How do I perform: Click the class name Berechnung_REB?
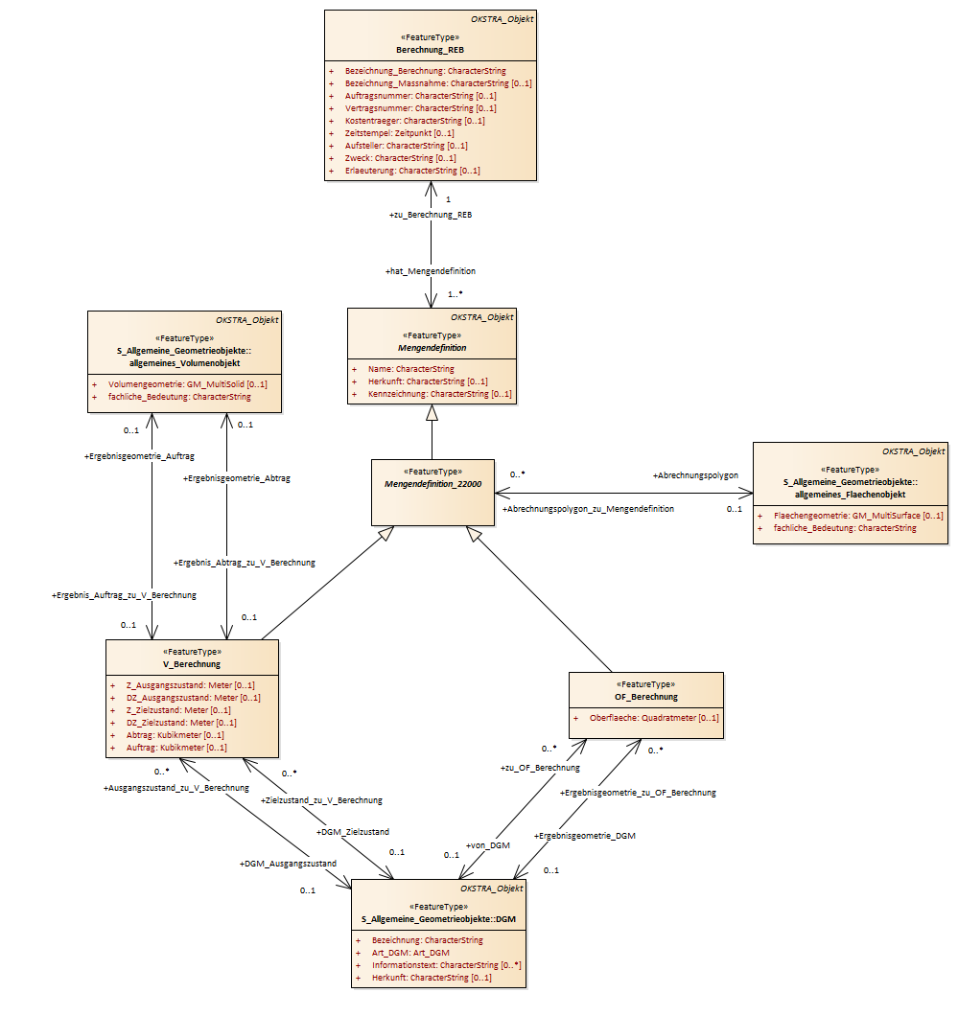(x=430, y=50)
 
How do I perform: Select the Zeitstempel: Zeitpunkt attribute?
(x=399, y=133)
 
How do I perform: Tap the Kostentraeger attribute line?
(x=415, y=121)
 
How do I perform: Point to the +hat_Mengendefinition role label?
(x=431, y=271)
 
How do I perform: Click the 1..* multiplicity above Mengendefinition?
(x=455, y=294)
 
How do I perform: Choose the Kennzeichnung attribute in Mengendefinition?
(x=439, y=394)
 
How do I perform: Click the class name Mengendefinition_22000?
(x=433, y=484)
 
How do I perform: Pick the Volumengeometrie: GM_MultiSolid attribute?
(x=187, y=384)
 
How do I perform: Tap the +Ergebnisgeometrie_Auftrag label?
(x=139, y=456)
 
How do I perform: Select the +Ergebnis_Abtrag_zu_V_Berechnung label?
(x=245, y=563)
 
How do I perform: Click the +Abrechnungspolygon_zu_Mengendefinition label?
(x=588, y=509)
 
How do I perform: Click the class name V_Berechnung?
(x=192, y=664)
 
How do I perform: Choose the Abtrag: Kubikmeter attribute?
(x=175, y=735)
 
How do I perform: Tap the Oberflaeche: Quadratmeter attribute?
(x=654, y=718)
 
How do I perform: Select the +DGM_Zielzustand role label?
(x=353, y=832)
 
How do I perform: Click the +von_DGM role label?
(x=488, y=845)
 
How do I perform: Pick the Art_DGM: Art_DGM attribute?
(x=410, y=953)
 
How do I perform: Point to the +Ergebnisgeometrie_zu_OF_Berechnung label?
(x=638, y=793)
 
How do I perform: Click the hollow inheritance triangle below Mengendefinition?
(x=432, y=413)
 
